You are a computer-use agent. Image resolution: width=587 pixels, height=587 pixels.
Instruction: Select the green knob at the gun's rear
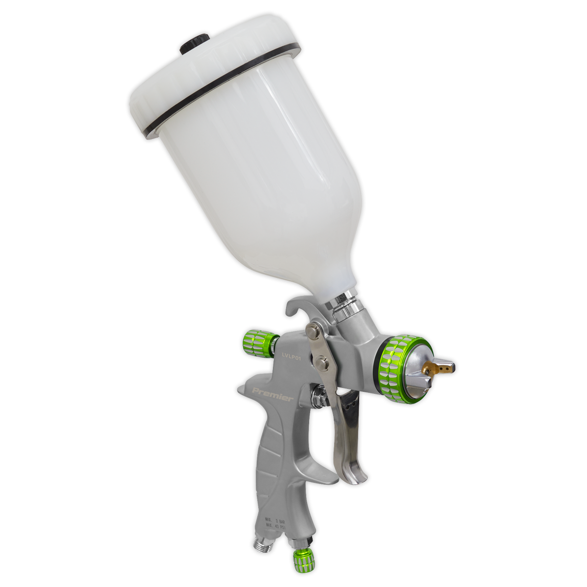pyautogui.click(x=258, y=339)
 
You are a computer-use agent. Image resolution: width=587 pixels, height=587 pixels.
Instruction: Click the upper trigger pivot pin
pyautogui.click(x=311, y=333)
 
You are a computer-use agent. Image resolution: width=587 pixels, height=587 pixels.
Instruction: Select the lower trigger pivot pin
pyautogui.click(x=321, y=362)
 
